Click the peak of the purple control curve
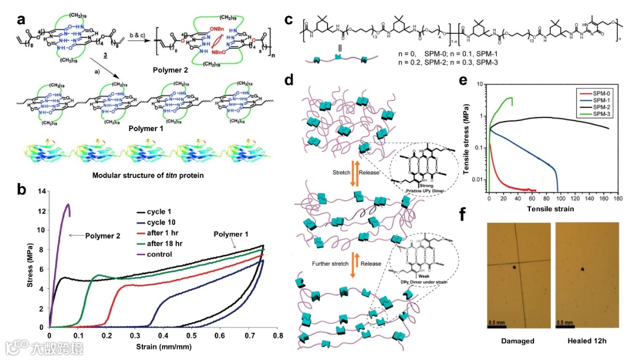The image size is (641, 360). [x=68, y=205]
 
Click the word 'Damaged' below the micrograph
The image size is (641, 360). [x=518, y=341]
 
